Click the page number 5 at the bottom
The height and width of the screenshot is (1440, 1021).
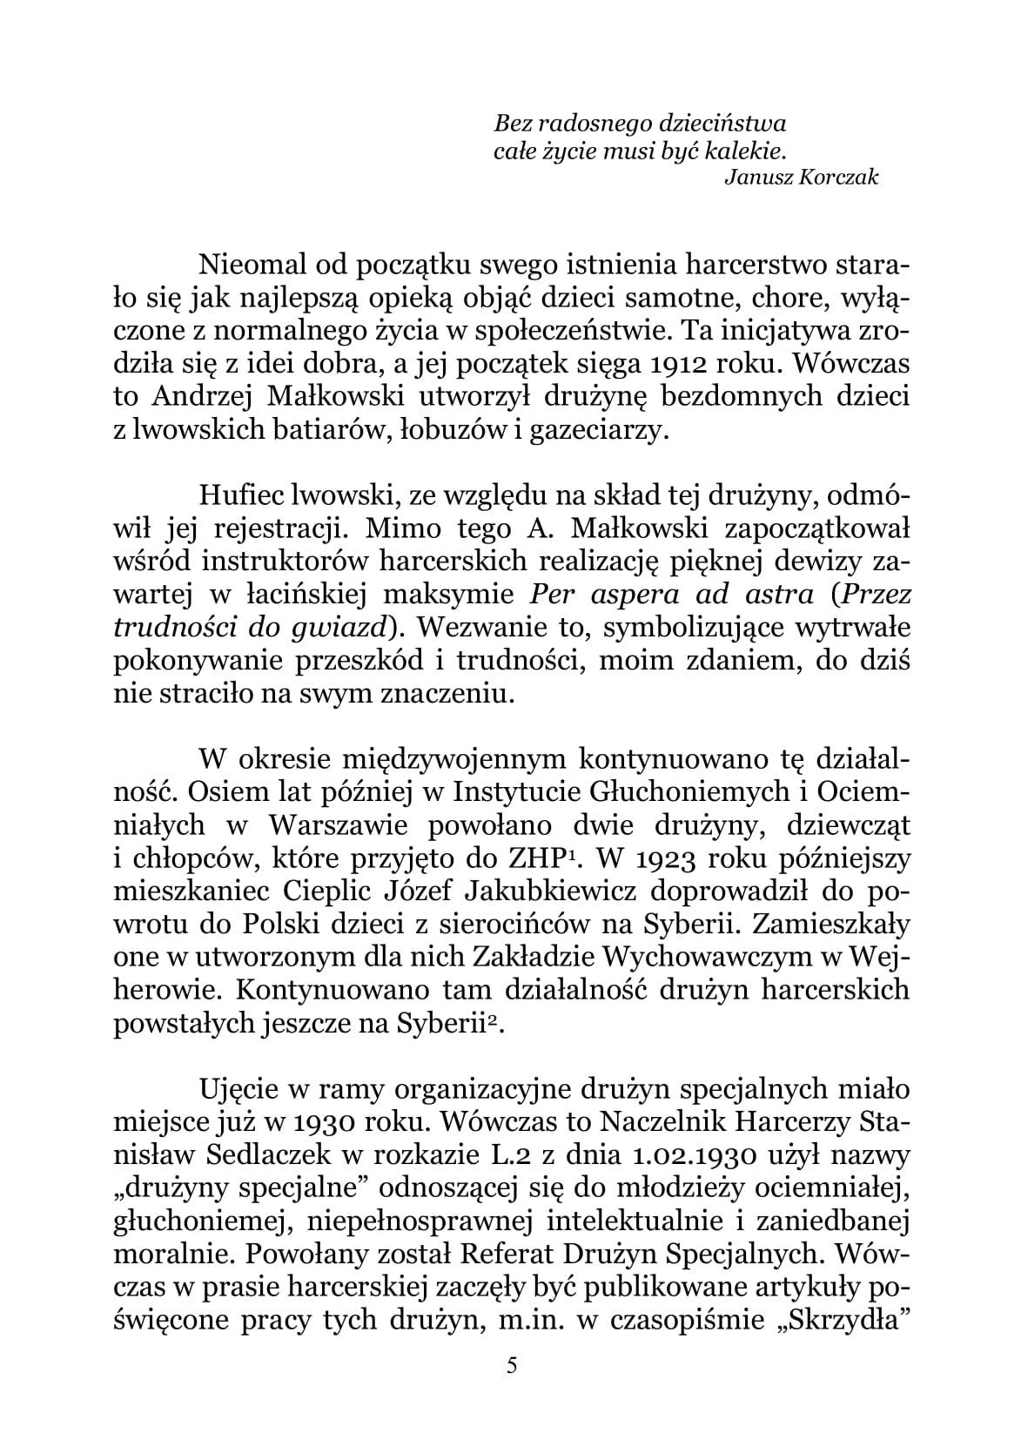coord(511,1366)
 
